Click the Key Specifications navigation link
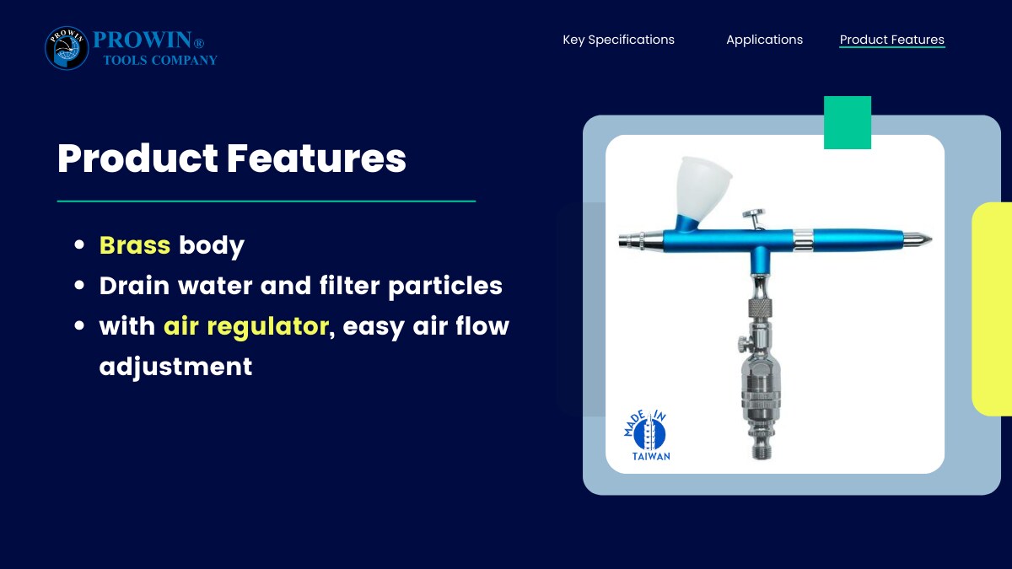click(x=618, y=40)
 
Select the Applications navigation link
click(x=764, y=40)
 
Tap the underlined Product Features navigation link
click(x=892, y=40)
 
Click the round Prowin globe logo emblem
click(x=67, y=48)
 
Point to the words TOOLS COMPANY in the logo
click(x=160, y=60)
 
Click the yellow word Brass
click(x=135, y=245)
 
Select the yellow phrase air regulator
click(x=245, y=326)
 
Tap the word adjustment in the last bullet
click(x=175, y=366)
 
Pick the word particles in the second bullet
click(x=445, y=287)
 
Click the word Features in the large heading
click(x=316, y=158)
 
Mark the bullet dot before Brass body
click(x=79, y=244)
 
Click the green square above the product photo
click(x=847, y=122)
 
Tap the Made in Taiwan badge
click(x=647, y=436)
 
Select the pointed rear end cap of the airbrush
click(x=918, y=239)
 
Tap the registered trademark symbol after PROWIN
click(x=199, y=43)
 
